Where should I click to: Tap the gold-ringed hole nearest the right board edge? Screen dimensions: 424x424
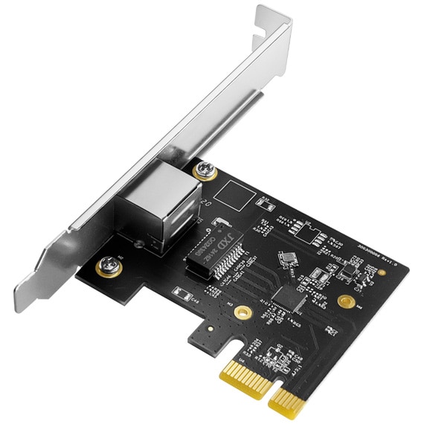[x=346, y=302]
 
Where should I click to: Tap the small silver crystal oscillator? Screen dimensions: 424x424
[x=286, y=258]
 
